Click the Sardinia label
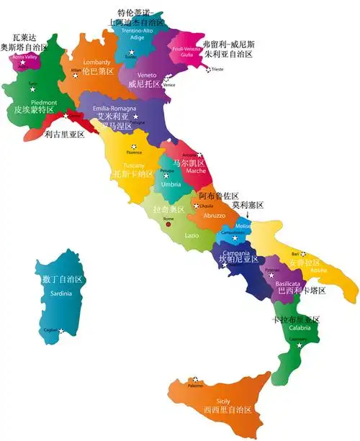click(x=60, y=293)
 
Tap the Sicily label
click(x=224, y=401)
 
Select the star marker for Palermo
click(x=194, y=379)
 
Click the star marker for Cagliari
click(x=61, y=331)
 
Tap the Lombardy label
click(x=97, y=62)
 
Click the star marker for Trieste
click(x=209, y=70)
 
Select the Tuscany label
click(x=134, y=165)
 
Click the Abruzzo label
click(x=214, y=215)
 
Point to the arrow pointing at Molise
click(x=248, y=213)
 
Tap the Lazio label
click(x=192, y=235)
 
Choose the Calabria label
click(x=300, y=327)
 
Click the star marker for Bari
click(x=304, y=253)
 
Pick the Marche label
click(x=196, y=171)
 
